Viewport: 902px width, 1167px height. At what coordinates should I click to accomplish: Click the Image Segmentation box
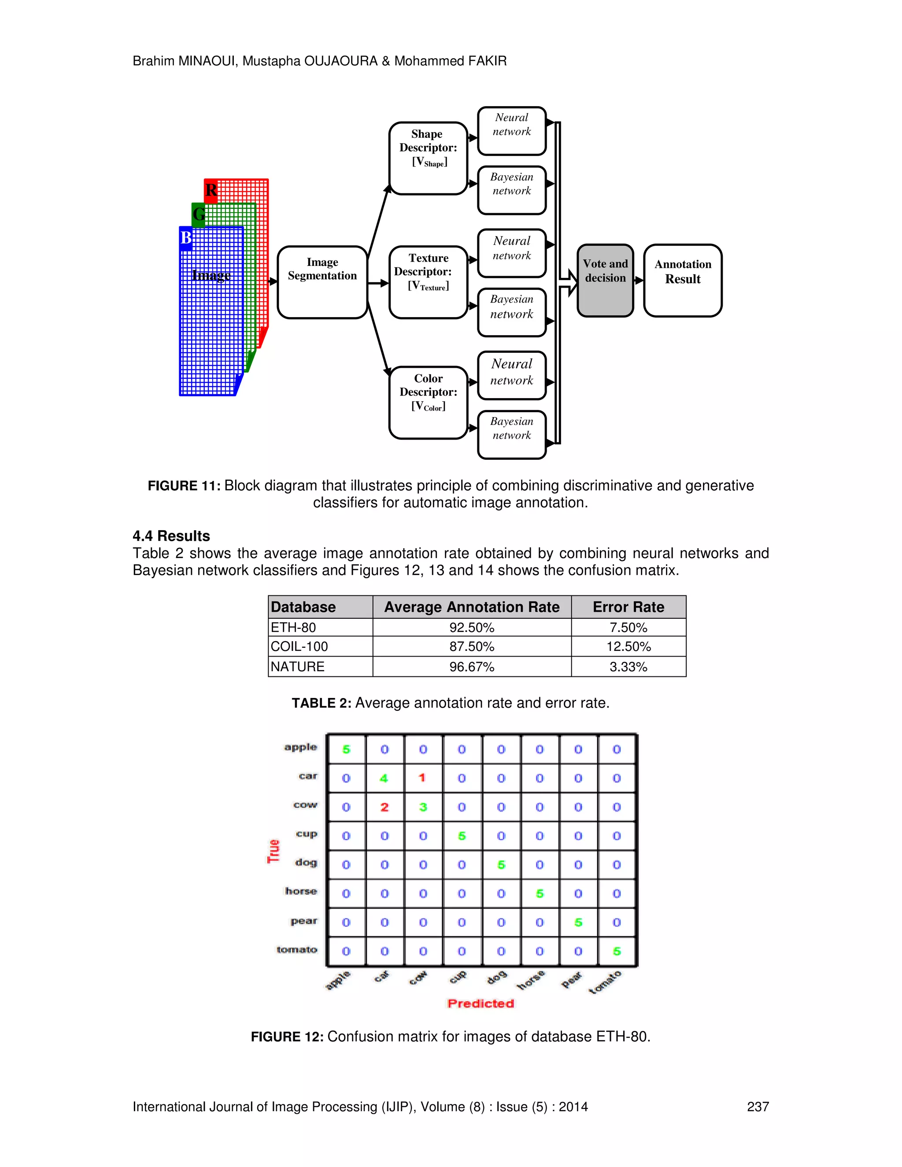[x=322, y=282]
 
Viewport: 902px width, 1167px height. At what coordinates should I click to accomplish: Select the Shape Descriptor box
[x=428, y=158]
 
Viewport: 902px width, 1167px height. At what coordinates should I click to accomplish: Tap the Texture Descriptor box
[x=428, y=282]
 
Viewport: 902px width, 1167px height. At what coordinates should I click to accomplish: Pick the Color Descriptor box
[x=428, y=403]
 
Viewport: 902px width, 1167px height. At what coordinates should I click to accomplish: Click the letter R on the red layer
[x=211, y=190]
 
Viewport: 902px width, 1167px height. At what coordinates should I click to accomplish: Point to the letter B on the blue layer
[x=185, y=238]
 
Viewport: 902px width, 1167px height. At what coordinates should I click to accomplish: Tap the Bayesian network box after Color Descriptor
[x=511, y=434]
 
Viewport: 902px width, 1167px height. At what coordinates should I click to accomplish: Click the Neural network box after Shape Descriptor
[x=511, y=130]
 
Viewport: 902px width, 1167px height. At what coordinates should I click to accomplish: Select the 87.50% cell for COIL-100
[x=471, y=646]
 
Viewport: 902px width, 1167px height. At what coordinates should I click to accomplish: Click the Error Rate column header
[x=628, y=607]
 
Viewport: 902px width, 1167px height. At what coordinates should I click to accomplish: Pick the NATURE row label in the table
[x=298, y=667]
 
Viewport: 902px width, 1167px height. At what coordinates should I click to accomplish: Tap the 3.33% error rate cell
[x=628, y=667]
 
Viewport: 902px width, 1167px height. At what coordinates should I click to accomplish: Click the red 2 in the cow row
[x=384, y=807]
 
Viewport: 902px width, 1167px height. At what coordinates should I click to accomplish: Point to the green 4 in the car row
[x=384, y=779]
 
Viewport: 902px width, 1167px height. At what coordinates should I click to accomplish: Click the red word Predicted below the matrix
[x=481, y=1004]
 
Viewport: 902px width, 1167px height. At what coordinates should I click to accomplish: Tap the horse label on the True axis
[x=301, y=891]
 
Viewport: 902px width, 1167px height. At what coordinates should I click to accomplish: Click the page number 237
[x=757, y=1107]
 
